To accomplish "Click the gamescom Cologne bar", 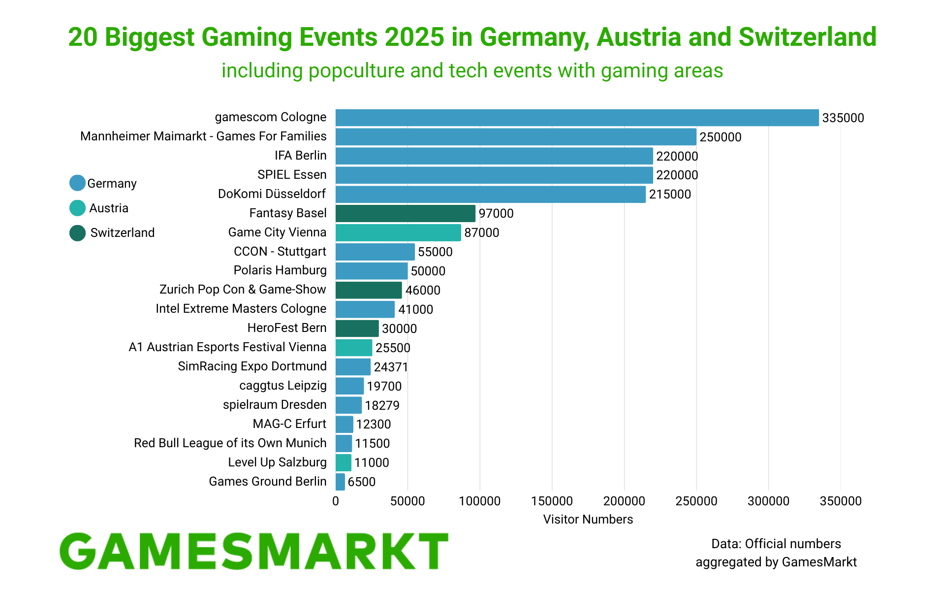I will click(x=577, y=118).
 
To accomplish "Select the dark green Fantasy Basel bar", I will click(x=405, y=213).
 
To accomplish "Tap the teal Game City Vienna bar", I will click(x=398, y=232).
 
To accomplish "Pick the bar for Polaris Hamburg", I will click(x=372, y=271).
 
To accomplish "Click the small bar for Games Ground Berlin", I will click(x=340, y=482).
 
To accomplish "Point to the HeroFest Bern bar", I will click(x=357, y=328).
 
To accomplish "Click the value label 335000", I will click(x=843, y=118).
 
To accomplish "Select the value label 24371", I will click(x=391, y=367).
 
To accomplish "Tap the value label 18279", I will click(x=382, y=405).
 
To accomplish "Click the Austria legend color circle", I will click(x=77, y=208).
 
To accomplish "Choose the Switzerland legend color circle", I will click(x=77, y=233).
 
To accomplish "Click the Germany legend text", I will click(x=112, y=184).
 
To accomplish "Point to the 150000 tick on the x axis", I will click(x=552, y=501).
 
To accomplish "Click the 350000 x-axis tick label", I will click(x=840, y=501).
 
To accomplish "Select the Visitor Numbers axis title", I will click(x=588, y=519).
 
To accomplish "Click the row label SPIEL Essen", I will click(x=292, y=175).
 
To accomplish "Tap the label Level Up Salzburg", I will click(x=277, y=462).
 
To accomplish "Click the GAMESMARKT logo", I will click(x=254, y=552).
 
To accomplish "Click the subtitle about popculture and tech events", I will click(x=472, y=71).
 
